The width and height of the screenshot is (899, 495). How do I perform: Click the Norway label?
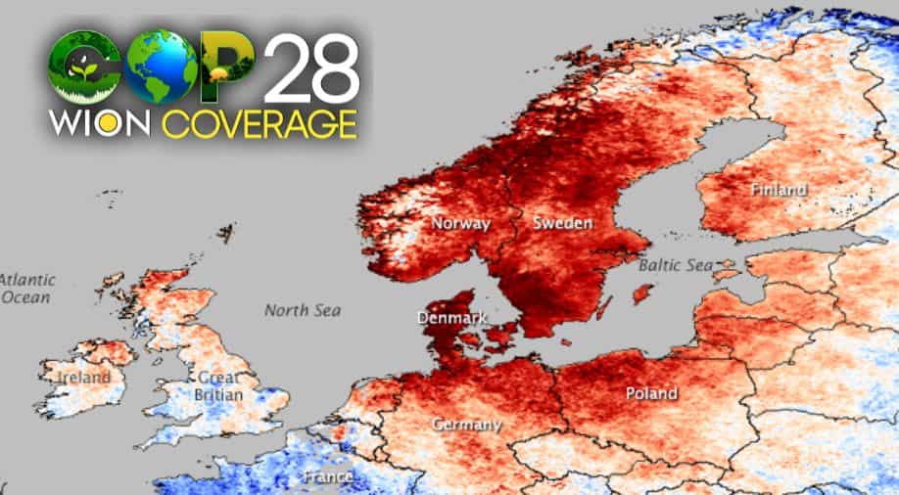point(460,223)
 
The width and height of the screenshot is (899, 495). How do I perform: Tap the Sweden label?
point(562,223)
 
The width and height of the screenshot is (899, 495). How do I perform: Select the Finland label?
point(780,189)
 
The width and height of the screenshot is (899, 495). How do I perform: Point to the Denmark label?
point(451,318)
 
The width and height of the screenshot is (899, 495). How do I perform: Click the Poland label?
point(651,393)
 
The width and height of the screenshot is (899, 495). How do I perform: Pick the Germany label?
point(468,425)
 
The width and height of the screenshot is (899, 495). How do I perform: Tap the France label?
point(328,476)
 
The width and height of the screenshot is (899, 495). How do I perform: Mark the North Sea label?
point(303,310)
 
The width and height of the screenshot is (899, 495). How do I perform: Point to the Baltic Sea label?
point(676,265)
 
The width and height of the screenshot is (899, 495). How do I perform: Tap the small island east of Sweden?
point(642,292)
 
